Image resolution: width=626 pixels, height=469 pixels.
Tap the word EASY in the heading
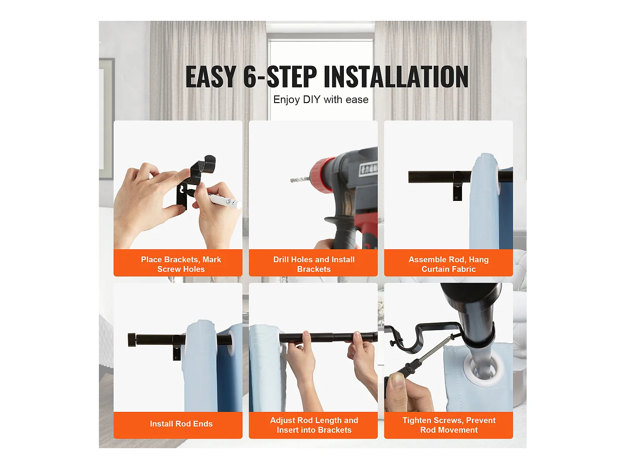(x=211, y=76)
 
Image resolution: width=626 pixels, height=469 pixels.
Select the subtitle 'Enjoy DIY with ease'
(x=321, y=100)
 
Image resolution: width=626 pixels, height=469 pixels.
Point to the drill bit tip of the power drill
(x=291, y=180)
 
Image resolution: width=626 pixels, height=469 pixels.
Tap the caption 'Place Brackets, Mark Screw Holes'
(x=181, y=264)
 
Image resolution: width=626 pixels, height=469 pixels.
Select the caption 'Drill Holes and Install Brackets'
(x=314, y=264)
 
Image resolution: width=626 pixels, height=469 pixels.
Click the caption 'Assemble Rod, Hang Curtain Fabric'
(x=449, y=264)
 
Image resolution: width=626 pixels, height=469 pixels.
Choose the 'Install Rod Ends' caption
(x=181, y=424)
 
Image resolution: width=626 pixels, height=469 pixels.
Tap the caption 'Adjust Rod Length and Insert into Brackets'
(x=314, y=425)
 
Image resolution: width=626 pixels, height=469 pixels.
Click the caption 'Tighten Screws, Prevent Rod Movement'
(x=449, y=425)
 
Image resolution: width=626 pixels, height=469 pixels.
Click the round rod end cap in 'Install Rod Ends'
(x=132, y=340)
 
